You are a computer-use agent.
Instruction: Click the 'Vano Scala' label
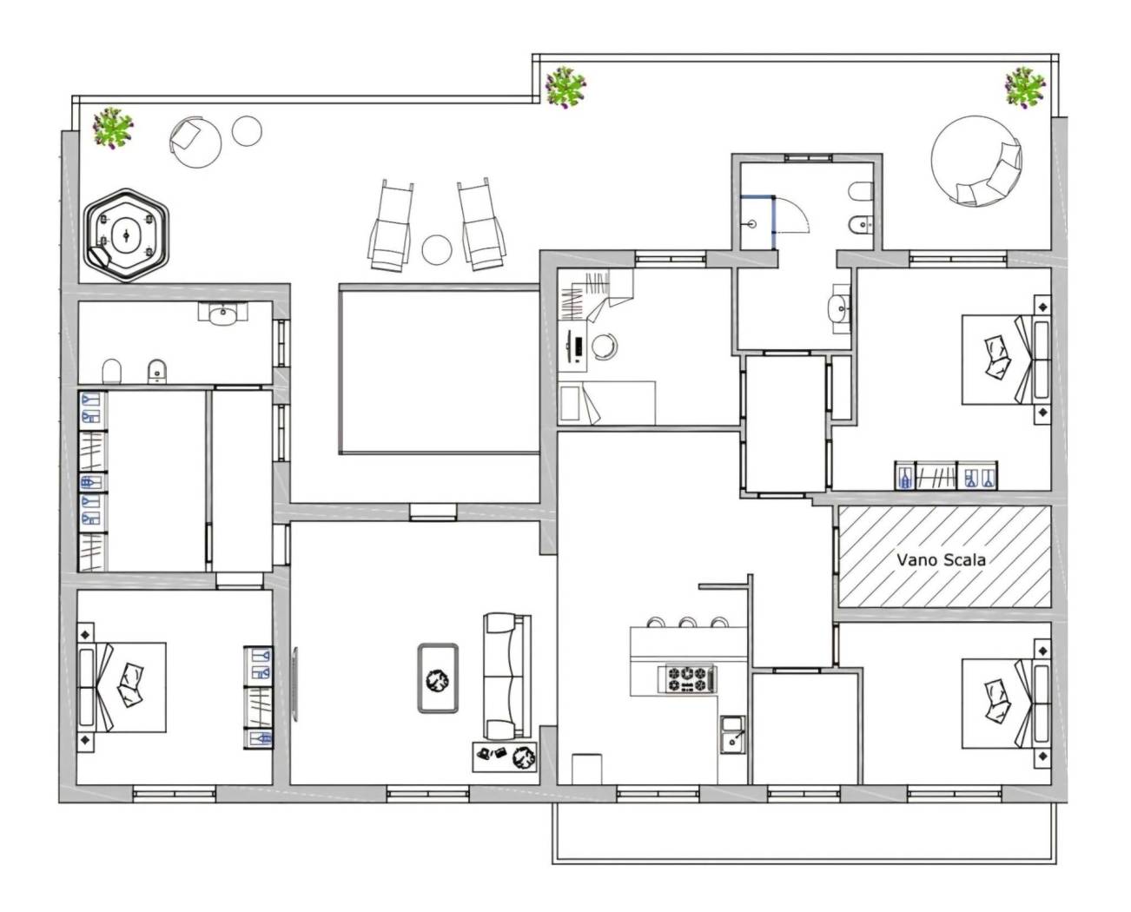[x=941, y=560]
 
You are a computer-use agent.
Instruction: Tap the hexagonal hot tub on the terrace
[x=127, y=235]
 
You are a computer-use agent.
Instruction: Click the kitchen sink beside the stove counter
[x=732, y=734]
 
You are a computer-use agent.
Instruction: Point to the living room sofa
[x=507, y=676]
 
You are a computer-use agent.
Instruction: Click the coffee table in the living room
[x=438, y=678]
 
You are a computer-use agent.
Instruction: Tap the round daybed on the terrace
[x=976, y=161]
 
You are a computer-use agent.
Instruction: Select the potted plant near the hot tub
[x=113, y=128]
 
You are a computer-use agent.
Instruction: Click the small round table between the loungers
[x=437, y=249]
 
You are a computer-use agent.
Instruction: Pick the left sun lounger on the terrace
[x=391, y=226]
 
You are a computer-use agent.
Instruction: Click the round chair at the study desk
[x=605, y=347]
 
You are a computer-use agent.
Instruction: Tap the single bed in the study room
[x=606, y=403]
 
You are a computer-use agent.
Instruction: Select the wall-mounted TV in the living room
[x=295, y=684]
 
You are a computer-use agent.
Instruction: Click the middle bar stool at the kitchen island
[x=687, y=623]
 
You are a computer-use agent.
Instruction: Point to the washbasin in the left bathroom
[x=223, y=314]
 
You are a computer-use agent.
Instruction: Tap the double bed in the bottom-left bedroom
[x=122, y=688]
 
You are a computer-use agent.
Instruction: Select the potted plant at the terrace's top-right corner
[x=1025, y=87]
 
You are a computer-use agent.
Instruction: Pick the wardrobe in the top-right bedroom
[x=945, y=476]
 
